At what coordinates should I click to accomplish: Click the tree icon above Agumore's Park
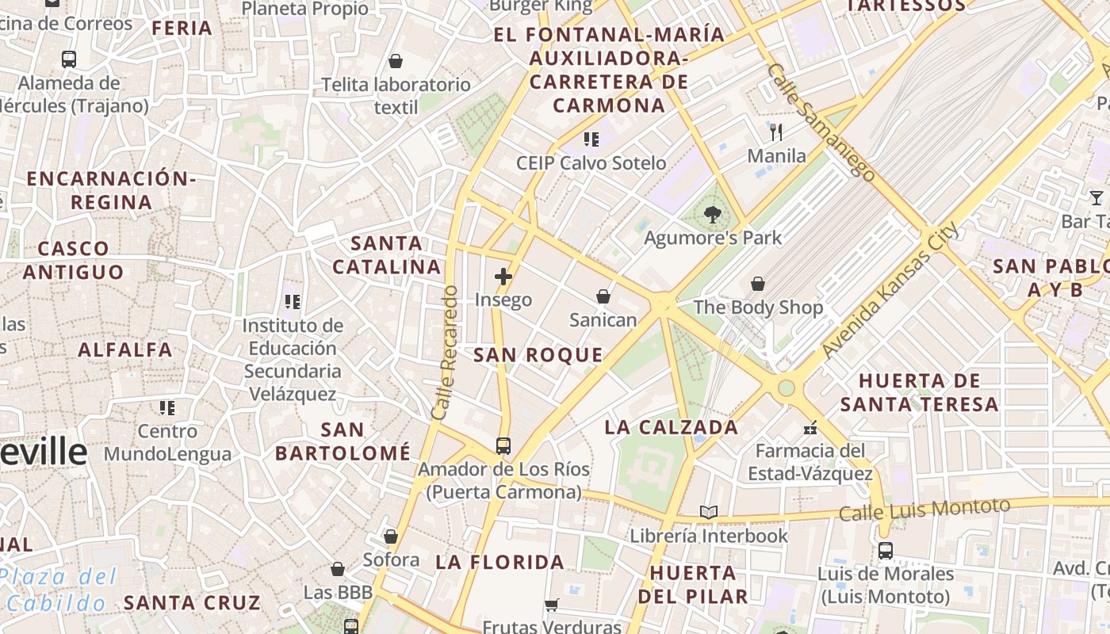(712, 213)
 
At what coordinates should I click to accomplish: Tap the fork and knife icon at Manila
(776, 132)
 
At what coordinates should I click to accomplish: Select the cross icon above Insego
(503, 277)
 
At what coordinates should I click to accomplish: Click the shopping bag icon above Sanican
(603, 296)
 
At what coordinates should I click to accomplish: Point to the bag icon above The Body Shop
(758, 283)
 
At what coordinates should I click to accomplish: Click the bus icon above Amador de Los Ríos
(503, 445)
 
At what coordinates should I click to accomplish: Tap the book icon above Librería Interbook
(709, 513)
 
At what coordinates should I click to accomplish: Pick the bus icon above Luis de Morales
(886, 550)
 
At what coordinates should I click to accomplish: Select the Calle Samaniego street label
(821, 122)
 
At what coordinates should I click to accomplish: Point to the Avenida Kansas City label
(890, 290)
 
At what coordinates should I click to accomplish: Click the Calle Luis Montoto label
(924, 510)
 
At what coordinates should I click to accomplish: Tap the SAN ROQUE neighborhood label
(538, 355)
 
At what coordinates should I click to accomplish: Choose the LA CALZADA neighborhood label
(672, 428)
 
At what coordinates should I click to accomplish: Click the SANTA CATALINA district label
(387, 255)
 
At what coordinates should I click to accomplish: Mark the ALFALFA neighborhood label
(125, 349)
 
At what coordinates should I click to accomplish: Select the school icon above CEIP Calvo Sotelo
(591, 139)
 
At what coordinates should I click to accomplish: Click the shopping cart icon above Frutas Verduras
(552, 605)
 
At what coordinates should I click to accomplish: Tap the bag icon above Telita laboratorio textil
(396, 61)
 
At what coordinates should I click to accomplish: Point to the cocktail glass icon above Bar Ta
(1097, 197)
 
